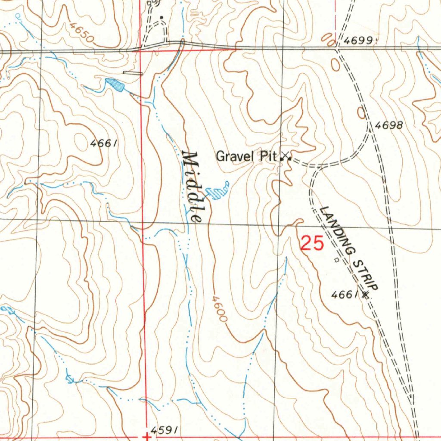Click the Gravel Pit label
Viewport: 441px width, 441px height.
(x=245, y=156)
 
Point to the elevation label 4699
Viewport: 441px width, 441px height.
(x=359, y=41)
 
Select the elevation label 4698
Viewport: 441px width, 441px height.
(x=389, y=126)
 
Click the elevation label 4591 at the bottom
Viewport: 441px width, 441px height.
(x=165, y=430)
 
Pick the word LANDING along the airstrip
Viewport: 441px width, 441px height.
(x=337, y=230)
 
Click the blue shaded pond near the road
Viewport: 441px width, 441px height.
(x=115, y=84)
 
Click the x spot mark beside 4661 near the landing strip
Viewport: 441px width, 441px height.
(x=366, y=295)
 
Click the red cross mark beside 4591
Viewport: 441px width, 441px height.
(x=147, y=437)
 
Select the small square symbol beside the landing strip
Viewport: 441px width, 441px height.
(x=336, y=260)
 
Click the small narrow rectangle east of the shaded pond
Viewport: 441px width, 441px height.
(x=133, y=73)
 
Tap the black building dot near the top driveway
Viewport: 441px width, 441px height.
(x=161, y=18)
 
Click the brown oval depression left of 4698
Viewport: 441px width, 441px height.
(x=361, y=113)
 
